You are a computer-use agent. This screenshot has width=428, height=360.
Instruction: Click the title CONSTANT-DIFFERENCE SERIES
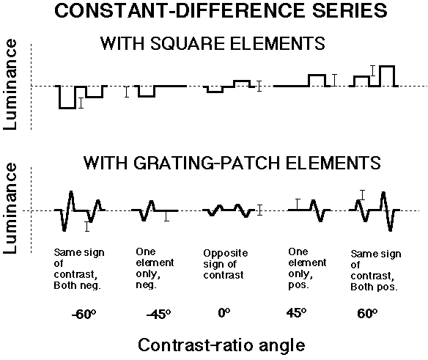(x=221, y=11)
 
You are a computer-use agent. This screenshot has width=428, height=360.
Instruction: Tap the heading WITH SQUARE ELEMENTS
(x=213, y=43)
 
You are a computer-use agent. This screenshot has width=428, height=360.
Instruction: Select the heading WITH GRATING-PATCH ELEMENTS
(x=232, y=163)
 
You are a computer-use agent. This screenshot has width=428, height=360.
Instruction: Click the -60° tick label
(x=84, y=315)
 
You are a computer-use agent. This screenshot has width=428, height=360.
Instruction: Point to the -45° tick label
(x=158, y=315)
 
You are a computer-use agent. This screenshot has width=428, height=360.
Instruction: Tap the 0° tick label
(x=224, y=313)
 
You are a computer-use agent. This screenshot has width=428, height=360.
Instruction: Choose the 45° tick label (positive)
(x=296, y=313)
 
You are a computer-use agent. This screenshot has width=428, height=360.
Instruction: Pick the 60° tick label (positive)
(x=367, y=314)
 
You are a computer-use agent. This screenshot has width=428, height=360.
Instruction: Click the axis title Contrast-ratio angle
(x=221, y=345)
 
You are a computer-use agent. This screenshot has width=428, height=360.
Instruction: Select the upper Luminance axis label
(x=10, y=84)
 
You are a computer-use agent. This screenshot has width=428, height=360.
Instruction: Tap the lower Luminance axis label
(x=10, y=208)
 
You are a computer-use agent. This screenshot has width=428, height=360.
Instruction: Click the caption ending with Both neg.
(x=79, y=269)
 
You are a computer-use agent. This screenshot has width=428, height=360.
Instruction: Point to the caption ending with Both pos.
(x=376, y=270)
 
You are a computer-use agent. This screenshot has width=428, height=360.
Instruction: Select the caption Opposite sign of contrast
(x=226, y=264)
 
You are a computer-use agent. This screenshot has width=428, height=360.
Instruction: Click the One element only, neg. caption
(x=155, y=268)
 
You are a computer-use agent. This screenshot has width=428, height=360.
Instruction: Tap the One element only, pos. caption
(x=307, y=268)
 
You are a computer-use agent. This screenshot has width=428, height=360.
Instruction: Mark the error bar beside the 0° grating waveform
(x=260, y=210)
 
